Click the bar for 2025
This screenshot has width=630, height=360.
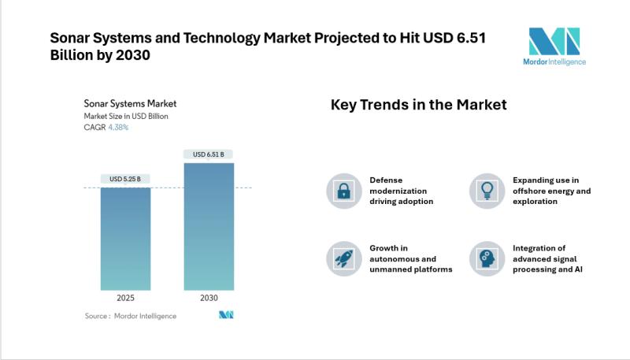[x=125, y=239]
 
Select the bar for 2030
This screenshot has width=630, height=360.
[x=209, y=227]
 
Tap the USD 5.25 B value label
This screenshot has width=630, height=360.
[x=125, y=179]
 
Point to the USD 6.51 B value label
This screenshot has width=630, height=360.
[x=208, y=154]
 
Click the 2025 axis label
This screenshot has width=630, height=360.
[x=125, y=298]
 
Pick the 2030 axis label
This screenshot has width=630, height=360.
[x=209, y=298]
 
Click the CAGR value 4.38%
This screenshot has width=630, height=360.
[x=118, y=128]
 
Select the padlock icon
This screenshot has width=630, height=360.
[x=344, y=191]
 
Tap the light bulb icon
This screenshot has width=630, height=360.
[x=487, y=191]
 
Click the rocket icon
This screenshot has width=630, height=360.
[x=344, y=258]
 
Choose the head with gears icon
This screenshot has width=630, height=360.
[x=487, y=258]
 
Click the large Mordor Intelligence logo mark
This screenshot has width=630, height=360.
[x=554, y=41]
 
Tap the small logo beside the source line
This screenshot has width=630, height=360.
[x=226, y=315]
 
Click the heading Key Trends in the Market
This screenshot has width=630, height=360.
[x=419, y=105]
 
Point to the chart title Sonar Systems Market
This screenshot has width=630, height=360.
[x=130, y=104]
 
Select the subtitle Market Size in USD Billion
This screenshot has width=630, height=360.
[x=126, y=116]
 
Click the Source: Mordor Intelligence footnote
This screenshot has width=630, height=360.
[x=131, y=316]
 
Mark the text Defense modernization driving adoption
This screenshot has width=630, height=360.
[x=402, y=191]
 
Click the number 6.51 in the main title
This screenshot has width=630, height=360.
[x=472, y=38]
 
